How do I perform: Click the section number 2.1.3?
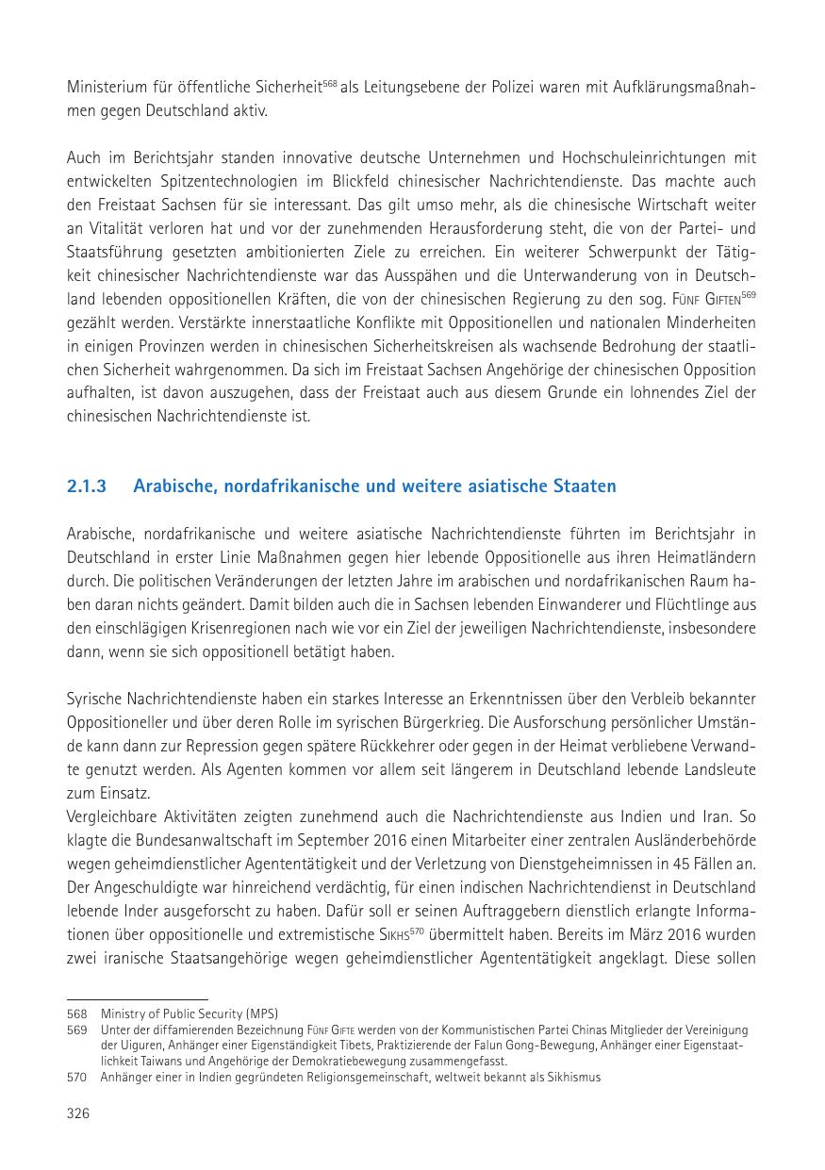coord(86,486)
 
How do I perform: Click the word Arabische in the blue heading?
coord(172,486)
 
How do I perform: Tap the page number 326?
coord(77,1113)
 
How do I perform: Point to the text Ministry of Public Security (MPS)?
coord(190,1013)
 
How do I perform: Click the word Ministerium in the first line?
coord(106,87)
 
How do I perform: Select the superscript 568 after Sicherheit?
coord(329,83)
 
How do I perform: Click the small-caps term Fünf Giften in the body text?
coord(697,298)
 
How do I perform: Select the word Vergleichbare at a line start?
coord(111,816)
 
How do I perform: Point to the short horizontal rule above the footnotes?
coord(137,998)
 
